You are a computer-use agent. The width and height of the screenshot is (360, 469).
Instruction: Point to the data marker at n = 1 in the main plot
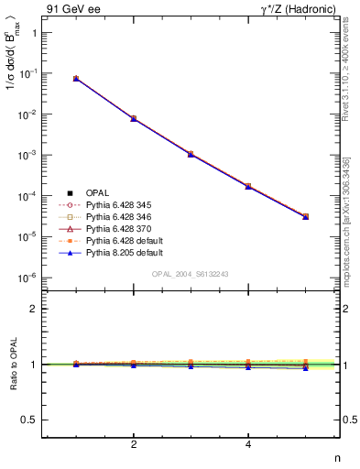(x=76, y=79)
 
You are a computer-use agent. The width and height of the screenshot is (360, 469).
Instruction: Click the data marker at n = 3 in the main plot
(x=191, y=154)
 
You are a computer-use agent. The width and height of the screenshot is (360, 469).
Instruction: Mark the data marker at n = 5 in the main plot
(x=305, y=217)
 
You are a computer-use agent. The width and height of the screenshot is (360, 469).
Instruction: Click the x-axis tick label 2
(x=134, y=445)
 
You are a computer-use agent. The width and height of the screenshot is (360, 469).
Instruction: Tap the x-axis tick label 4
(x=248, y=445)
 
